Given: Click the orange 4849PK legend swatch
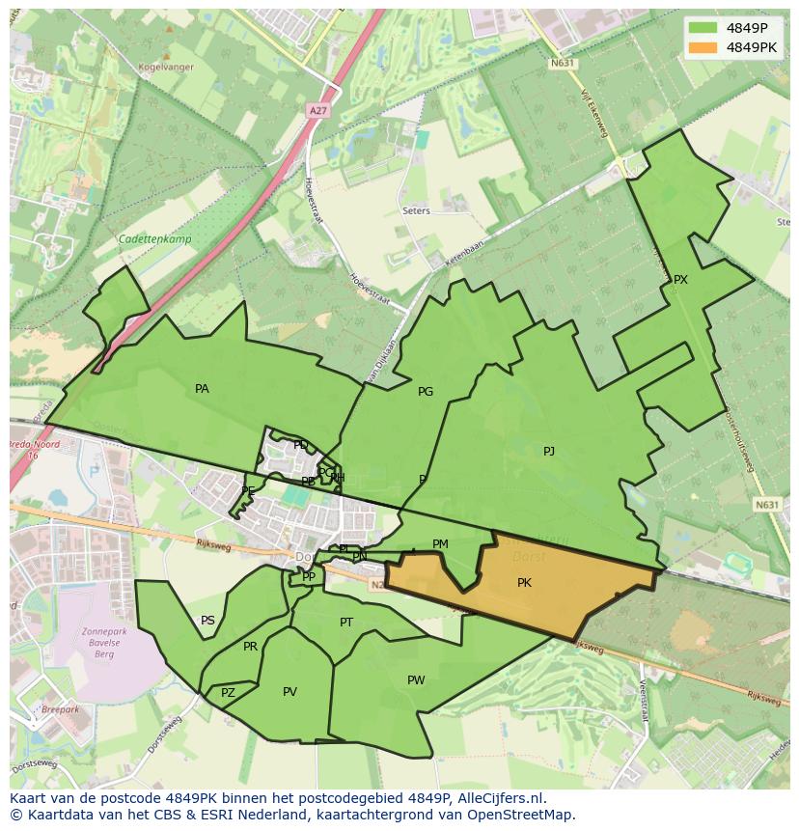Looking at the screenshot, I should pos(704,47).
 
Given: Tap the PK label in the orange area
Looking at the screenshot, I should pos(524,582).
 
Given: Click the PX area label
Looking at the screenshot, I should pos(680,280).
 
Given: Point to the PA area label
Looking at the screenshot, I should pos(202,389).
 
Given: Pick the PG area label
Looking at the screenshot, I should pos(426,392).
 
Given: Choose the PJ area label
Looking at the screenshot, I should pos(549,451).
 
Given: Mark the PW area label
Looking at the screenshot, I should pos(416,680).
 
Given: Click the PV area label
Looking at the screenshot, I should pos(289,692).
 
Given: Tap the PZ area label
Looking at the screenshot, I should pos(228,693).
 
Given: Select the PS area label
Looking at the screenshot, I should pos(207,621).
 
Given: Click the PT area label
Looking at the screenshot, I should pos(346,623).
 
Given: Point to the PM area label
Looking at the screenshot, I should pos(440,544).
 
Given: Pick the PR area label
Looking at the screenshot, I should pos(250,647).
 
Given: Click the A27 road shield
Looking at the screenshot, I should pos(317,111).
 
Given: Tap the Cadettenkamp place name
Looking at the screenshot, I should pos(154,239).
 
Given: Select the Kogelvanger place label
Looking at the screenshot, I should pos(166,68).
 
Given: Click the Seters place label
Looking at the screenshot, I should pos(417,210).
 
